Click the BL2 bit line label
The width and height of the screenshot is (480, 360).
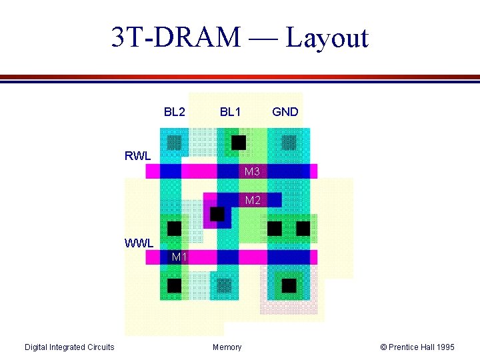click(175, 112)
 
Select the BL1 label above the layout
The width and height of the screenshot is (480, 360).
click(231, 112)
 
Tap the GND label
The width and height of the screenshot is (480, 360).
click(285, 112)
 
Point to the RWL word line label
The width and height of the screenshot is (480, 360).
click(138, 157)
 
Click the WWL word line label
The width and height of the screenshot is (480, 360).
click(139, 243)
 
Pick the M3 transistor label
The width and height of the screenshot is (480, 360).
click(252, 172)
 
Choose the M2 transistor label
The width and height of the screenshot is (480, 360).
click(253, 200)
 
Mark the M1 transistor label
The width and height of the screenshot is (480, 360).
click(178, 257)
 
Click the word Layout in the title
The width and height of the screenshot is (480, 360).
click(327, 38)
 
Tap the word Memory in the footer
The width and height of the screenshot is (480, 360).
click(227, 347)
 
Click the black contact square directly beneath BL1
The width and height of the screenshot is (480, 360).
click(238, 142)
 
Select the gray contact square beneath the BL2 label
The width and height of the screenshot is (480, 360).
click(174, 142)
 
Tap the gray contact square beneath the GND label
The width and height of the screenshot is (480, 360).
click(289, 142)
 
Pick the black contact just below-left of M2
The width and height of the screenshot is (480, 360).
click(217, 214)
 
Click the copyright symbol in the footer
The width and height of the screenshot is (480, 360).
click(383, 347)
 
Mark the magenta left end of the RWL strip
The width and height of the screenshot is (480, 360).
click(152, 171)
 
